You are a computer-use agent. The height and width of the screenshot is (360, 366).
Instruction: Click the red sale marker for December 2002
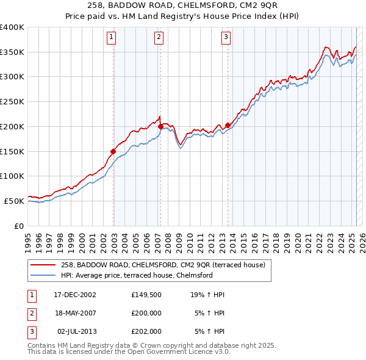pyautogui.click(x=113, y=151)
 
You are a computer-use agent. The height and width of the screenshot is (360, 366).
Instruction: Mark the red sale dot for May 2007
pyautogui.click(x=160, y=126)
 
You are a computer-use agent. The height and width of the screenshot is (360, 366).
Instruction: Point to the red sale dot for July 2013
pyautogui.click(x=228, y=125)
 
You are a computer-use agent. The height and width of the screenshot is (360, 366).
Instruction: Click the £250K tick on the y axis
pyautogui.click(x=12, y=102)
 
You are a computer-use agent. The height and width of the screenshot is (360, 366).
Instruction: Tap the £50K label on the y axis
pyautogui.click(x=14, y=201)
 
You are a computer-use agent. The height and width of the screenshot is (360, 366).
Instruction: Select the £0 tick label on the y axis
pyautogui.click(x=20, y=226)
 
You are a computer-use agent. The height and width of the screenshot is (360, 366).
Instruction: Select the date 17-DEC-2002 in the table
pyautogui.click(x=75, y=295)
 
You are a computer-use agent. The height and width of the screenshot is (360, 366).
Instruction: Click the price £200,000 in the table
pyautogui.click(x=146, y=313)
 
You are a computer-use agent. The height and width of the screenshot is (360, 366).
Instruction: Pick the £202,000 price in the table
pyautogui.click(x=146, y=331)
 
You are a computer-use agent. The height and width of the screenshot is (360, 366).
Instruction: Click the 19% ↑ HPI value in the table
pyautogui.click(x=207, y=295)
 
